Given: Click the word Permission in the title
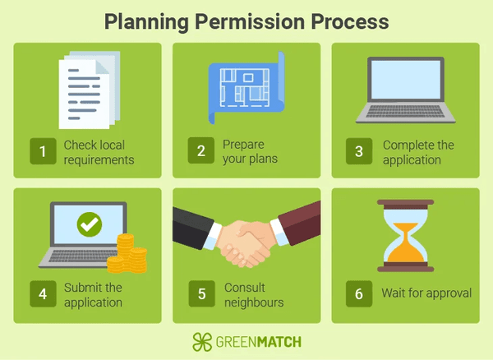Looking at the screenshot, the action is [x=250, y=22].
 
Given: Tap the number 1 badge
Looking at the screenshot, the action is [x=43, y=151].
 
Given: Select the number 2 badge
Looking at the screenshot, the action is [x=201, y=150].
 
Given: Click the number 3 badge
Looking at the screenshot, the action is [x=359, y=151].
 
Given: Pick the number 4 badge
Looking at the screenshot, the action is [x=43, y=293].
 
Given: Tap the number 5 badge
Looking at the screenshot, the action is [x=202, y=293].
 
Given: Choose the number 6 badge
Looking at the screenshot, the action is [x=359, y=293].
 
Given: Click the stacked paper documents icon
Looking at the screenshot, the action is [x=90, y=90].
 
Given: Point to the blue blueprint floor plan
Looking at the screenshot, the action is [x=246, y=88].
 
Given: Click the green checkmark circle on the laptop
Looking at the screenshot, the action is [x=90, y=224].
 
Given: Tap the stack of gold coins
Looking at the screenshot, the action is [x=127, y=254].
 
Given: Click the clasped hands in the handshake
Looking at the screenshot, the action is [x=245, y=243].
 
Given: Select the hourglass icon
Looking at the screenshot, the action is [x=406, y=236].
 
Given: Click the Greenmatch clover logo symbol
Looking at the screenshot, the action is [x=202, y=342].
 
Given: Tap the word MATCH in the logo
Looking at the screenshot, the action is [x=279, y=342].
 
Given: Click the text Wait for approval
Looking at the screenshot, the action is [x=426, y=293].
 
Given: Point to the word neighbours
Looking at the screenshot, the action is [x=254, y=302].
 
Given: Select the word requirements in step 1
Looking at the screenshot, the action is [x=99, y=160].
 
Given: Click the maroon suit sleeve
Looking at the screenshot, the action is [x=299, y=222].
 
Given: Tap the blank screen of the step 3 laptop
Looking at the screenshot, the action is [x=406, y=80].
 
